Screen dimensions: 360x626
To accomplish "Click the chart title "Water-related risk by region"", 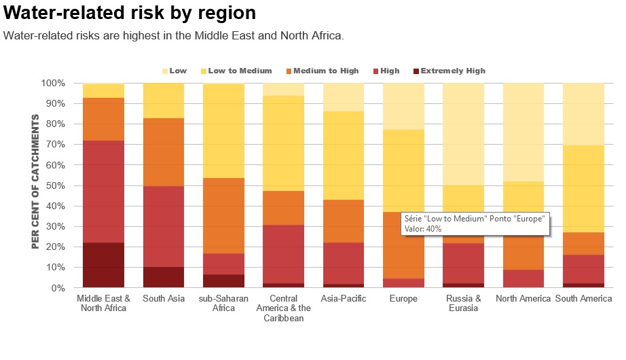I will point(130,13).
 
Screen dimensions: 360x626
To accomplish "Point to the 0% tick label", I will point(58,288).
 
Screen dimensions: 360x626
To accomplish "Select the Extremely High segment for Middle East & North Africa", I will point(103,265).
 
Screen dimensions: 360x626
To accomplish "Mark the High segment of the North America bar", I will point(523,278).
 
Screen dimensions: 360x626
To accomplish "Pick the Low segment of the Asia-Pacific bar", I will point(344,96).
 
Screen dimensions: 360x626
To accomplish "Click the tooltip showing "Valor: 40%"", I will point(473,223).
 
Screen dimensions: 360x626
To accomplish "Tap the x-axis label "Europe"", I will point(403,299).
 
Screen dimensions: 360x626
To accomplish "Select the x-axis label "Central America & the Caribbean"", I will point(284,308).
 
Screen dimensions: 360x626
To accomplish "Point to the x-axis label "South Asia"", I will point(163,299).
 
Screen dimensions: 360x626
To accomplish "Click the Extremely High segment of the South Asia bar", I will point(164,277).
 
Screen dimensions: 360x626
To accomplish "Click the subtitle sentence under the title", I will point(173,35).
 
